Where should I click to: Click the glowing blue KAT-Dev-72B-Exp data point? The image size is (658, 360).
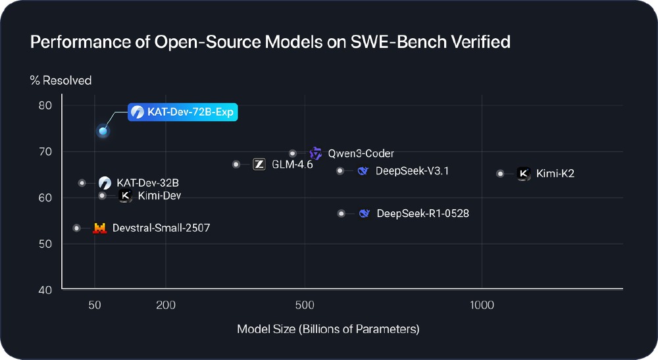pos(103,131)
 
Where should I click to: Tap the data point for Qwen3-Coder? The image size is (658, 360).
pos(293,153)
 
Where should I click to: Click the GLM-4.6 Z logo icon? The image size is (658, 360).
pos(259,165)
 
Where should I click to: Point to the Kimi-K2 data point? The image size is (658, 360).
pos(500,174)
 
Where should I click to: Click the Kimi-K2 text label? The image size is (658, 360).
pos(555,174)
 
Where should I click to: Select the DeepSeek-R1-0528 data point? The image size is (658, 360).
pos(341,213)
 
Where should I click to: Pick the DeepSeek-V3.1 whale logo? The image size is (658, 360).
pos(363,171)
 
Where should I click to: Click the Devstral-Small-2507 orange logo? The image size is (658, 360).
pos(99,228)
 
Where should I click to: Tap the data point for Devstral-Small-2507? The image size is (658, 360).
pos(76,228)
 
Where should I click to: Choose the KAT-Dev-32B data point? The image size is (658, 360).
pos(82,183)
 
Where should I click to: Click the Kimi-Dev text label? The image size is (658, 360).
pos(159,195)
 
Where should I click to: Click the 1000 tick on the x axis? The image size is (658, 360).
pos(482,305)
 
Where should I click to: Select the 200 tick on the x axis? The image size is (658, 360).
pos(166,305)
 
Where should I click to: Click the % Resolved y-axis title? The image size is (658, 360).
pos(61,80)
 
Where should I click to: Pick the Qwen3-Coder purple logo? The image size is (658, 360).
pos(316,153)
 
